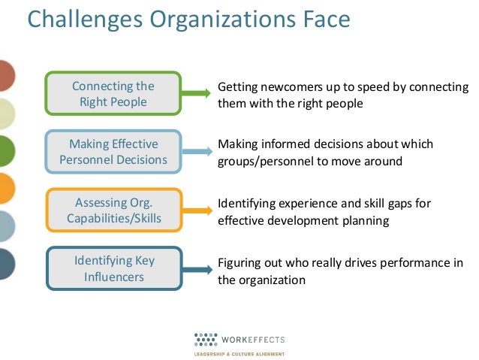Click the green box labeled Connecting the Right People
113,94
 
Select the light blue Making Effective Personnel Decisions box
113,152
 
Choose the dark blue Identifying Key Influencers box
113,268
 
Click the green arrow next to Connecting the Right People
195,94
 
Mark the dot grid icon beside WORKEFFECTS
204,338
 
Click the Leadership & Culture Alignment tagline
239,352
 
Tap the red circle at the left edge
6,77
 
